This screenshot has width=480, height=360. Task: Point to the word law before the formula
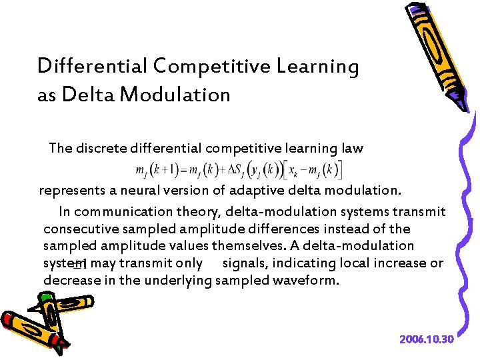(352, 148)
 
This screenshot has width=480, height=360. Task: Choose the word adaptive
(253, 191)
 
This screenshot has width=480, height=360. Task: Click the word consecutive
(78, 229)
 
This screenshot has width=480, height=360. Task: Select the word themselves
(272, 246)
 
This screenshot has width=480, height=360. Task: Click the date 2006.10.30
(427, 339)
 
